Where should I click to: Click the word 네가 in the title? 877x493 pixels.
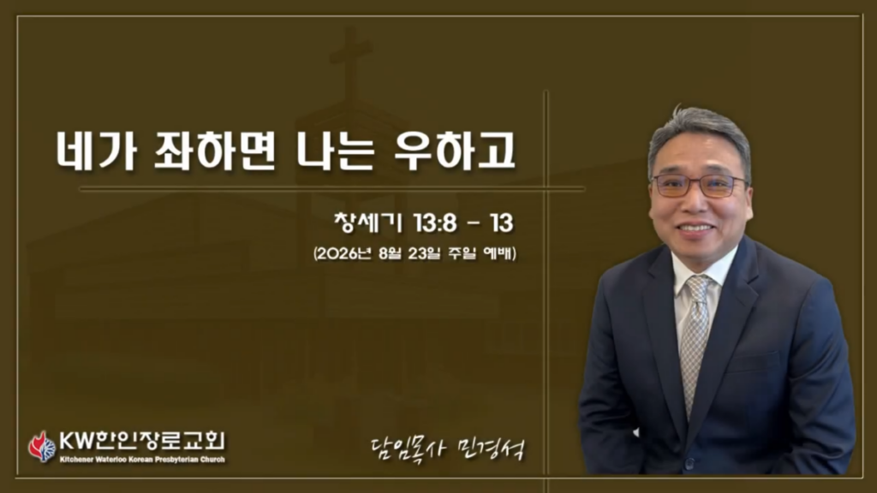(x=97, y=151)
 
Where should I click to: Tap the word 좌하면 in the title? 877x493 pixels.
(x=215, y=151)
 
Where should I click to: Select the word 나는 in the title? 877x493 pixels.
(x=335, y=151)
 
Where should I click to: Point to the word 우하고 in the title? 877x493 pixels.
(x=454, y=151)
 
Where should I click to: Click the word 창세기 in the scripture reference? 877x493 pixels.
(x=368, y=223)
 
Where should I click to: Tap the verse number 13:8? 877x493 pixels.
(x=436, y=223)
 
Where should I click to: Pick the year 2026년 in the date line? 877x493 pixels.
(x=344, y=253)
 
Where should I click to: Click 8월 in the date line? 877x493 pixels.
(x=390, y=253)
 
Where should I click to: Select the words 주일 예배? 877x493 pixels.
(x=481, y=253)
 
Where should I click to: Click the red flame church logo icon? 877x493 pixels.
(x=42, y=446)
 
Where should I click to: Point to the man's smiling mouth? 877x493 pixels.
(x=695, y=228)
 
